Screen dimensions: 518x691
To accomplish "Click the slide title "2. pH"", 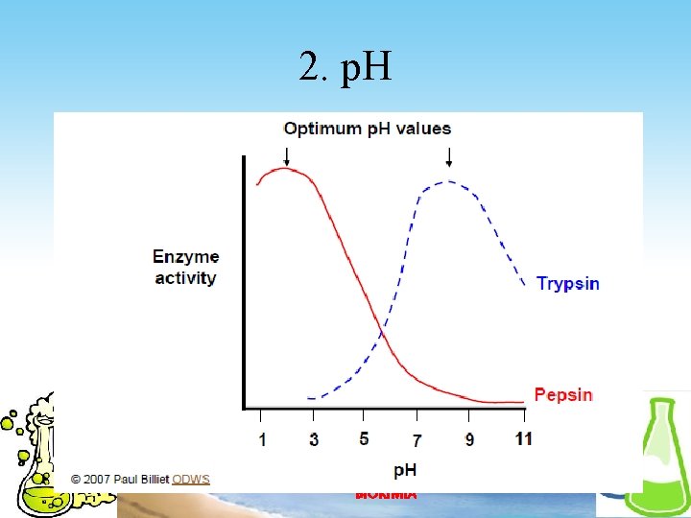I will [345, 67].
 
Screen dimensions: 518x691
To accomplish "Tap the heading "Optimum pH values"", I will [367, 129].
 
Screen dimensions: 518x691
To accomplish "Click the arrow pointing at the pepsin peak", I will [285, 155].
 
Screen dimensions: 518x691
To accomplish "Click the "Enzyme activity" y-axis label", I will [185, 268].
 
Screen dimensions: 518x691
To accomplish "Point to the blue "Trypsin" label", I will [567, 283].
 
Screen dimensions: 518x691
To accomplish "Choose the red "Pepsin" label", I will [563, 394].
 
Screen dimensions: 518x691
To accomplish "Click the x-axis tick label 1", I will [261, 439].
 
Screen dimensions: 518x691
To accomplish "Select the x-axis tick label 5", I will [364, 439].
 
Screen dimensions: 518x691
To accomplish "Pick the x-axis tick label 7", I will [417, 439].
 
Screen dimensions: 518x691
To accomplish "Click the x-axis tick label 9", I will [468, 439].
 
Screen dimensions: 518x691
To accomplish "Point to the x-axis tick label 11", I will [523, 439].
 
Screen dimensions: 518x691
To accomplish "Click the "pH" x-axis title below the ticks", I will [406, 470].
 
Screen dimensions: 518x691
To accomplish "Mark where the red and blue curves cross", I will [381, 333].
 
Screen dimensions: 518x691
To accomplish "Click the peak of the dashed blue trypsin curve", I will [447, 181].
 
